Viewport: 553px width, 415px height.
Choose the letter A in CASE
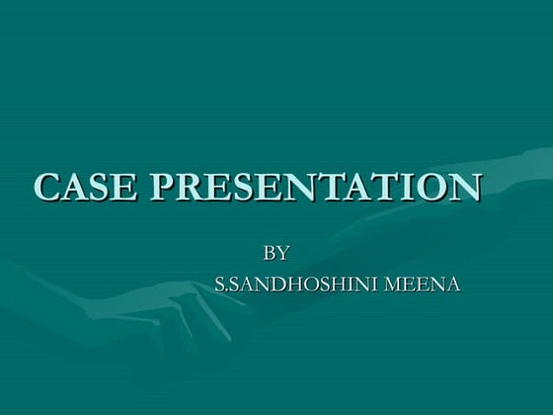click(x=75, y=187)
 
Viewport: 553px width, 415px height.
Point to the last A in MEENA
click(x=453, y=287)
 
